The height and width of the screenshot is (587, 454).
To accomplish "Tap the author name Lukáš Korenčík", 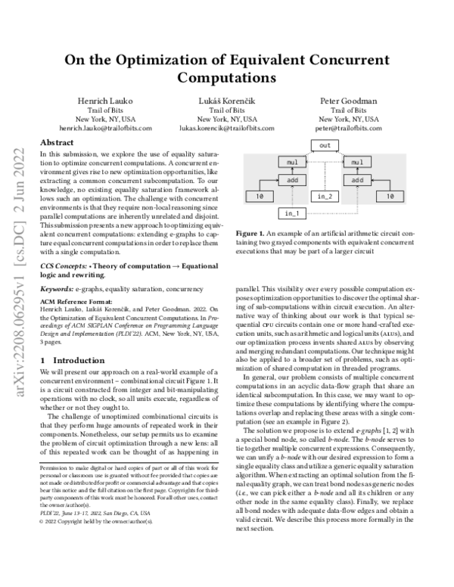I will tap(227, 101).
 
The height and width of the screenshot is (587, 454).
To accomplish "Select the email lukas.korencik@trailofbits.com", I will tap(227, 129).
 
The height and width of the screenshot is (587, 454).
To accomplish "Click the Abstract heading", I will tap(57, 142).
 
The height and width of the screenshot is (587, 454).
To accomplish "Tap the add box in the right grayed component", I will tap(359, 180).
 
